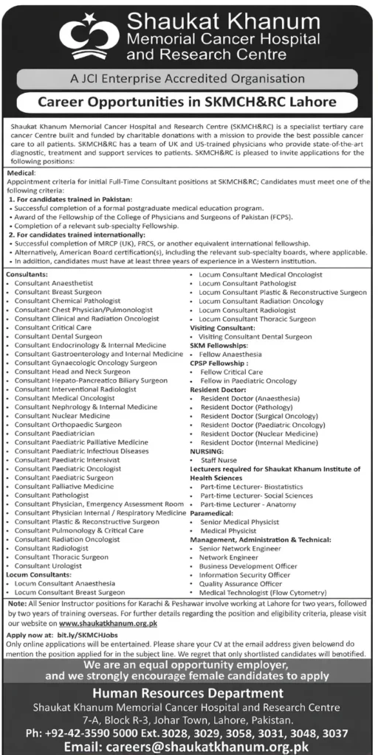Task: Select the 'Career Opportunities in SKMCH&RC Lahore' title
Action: [x=189, y=102]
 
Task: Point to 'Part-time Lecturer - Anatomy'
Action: [x=248, y=504]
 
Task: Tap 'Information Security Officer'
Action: [x=244, y=574]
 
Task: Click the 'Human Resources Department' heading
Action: [x=189, y=693]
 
